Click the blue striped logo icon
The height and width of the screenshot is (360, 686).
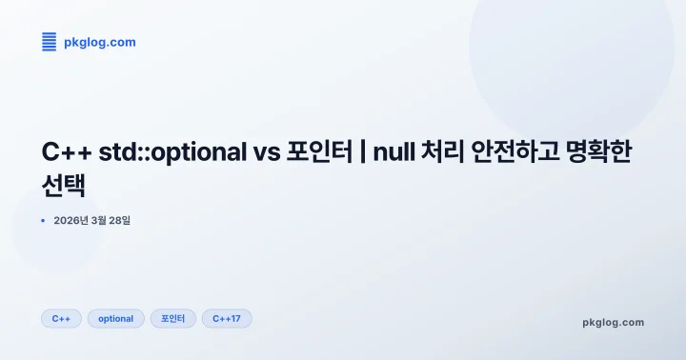(x=50, y=41)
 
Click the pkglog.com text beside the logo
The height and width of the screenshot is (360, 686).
(x=99, y=42)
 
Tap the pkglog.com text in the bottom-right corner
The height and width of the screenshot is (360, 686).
(x=613, y=322)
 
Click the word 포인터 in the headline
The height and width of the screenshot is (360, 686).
(x=319, y=152)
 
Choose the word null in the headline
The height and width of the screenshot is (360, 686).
(x=393, y=152)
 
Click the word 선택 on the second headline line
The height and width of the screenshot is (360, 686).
(x=64, y=184)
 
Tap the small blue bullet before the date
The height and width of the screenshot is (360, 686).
(x=43, y=221)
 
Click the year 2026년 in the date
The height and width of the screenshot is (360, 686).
(x=71, y=221)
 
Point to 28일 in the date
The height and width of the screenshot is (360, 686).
(x=117, y=221)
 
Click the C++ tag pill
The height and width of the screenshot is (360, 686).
(x=61, y=318)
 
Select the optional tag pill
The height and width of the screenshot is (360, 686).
(x=115, y=318)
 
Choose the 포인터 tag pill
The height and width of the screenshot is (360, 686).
(x=172, y=318)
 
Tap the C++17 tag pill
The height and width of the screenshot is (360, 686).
(x=226, y=318)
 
